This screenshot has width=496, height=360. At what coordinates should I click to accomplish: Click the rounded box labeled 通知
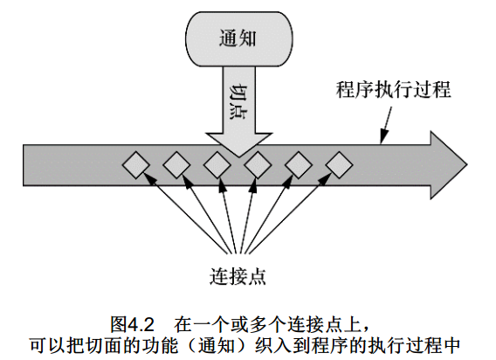coord(238,39)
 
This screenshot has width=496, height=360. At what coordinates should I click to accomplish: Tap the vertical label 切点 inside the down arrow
coord(238,102)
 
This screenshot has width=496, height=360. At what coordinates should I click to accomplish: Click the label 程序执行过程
coord(393,90)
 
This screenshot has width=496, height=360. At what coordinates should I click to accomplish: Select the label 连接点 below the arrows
coord(238,276)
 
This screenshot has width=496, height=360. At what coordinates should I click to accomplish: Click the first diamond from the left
coord(136,165)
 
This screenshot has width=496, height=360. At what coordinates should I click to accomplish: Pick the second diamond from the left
coord(176,165)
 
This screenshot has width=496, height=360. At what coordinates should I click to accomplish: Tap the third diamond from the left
coord(217,165)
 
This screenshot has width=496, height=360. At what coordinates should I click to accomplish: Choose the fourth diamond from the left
coord(258,165)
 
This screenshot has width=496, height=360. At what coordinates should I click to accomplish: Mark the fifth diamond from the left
coord(299,165)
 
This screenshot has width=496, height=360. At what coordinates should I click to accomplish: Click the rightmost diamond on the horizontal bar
coord(339,165)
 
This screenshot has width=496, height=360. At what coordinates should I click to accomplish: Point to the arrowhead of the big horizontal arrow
coord(449,165)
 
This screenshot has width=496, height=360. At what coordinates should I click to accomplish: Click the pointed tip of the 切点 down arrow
coord(239,156)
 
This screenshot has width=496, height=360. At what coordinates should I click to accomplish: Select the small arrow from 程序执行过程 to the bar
coord(386,125)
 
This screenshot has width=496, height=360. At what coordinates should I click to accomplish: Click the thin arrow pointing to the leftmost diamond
coord(187,213)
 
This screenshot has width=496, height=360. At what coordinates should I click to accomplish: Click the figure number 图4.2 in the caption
coord(132,324)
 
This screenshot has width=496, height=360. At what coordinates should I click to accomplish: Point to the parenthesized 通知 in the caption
coord(217,345)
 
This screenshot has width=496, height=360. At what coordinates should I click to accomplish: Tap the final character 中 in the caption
coord(451,345)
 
